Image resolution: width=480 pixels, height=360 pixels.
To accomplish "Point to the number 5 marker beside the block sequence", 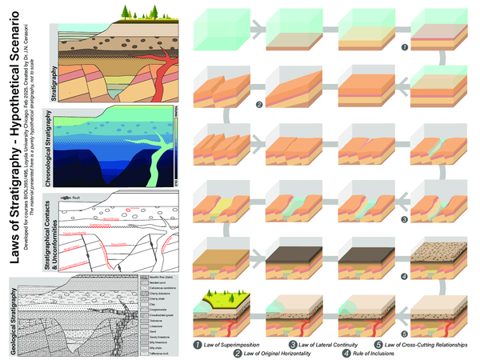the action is tap(406, 332).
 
